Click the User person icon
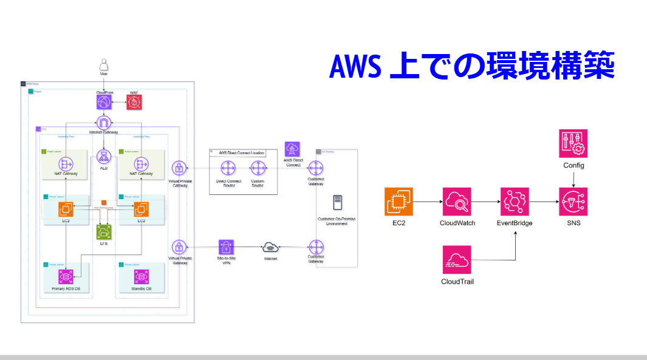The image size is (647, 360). click(104, 64)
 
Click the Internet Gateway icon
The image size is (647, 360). click(104, 123)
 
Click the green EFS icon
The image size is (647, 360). click(104, 231)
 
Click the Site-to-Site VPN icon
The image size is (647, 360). click(227, 247)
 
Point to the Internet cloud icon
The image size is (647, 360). click(270, 247)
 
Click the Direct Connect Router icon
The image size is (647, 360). click(228, 168)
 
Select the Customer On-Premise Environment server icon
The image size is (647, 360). click(337, 203)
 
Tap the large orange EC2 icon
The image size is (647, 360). click(399, 202)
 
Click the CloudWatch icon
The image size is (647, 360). click(457, 202)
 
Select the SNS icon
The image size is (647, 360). click(573, 202)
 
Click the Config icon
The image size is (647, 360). click(573, 144)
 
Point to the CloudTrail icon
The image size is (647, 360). click(457, 259)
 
